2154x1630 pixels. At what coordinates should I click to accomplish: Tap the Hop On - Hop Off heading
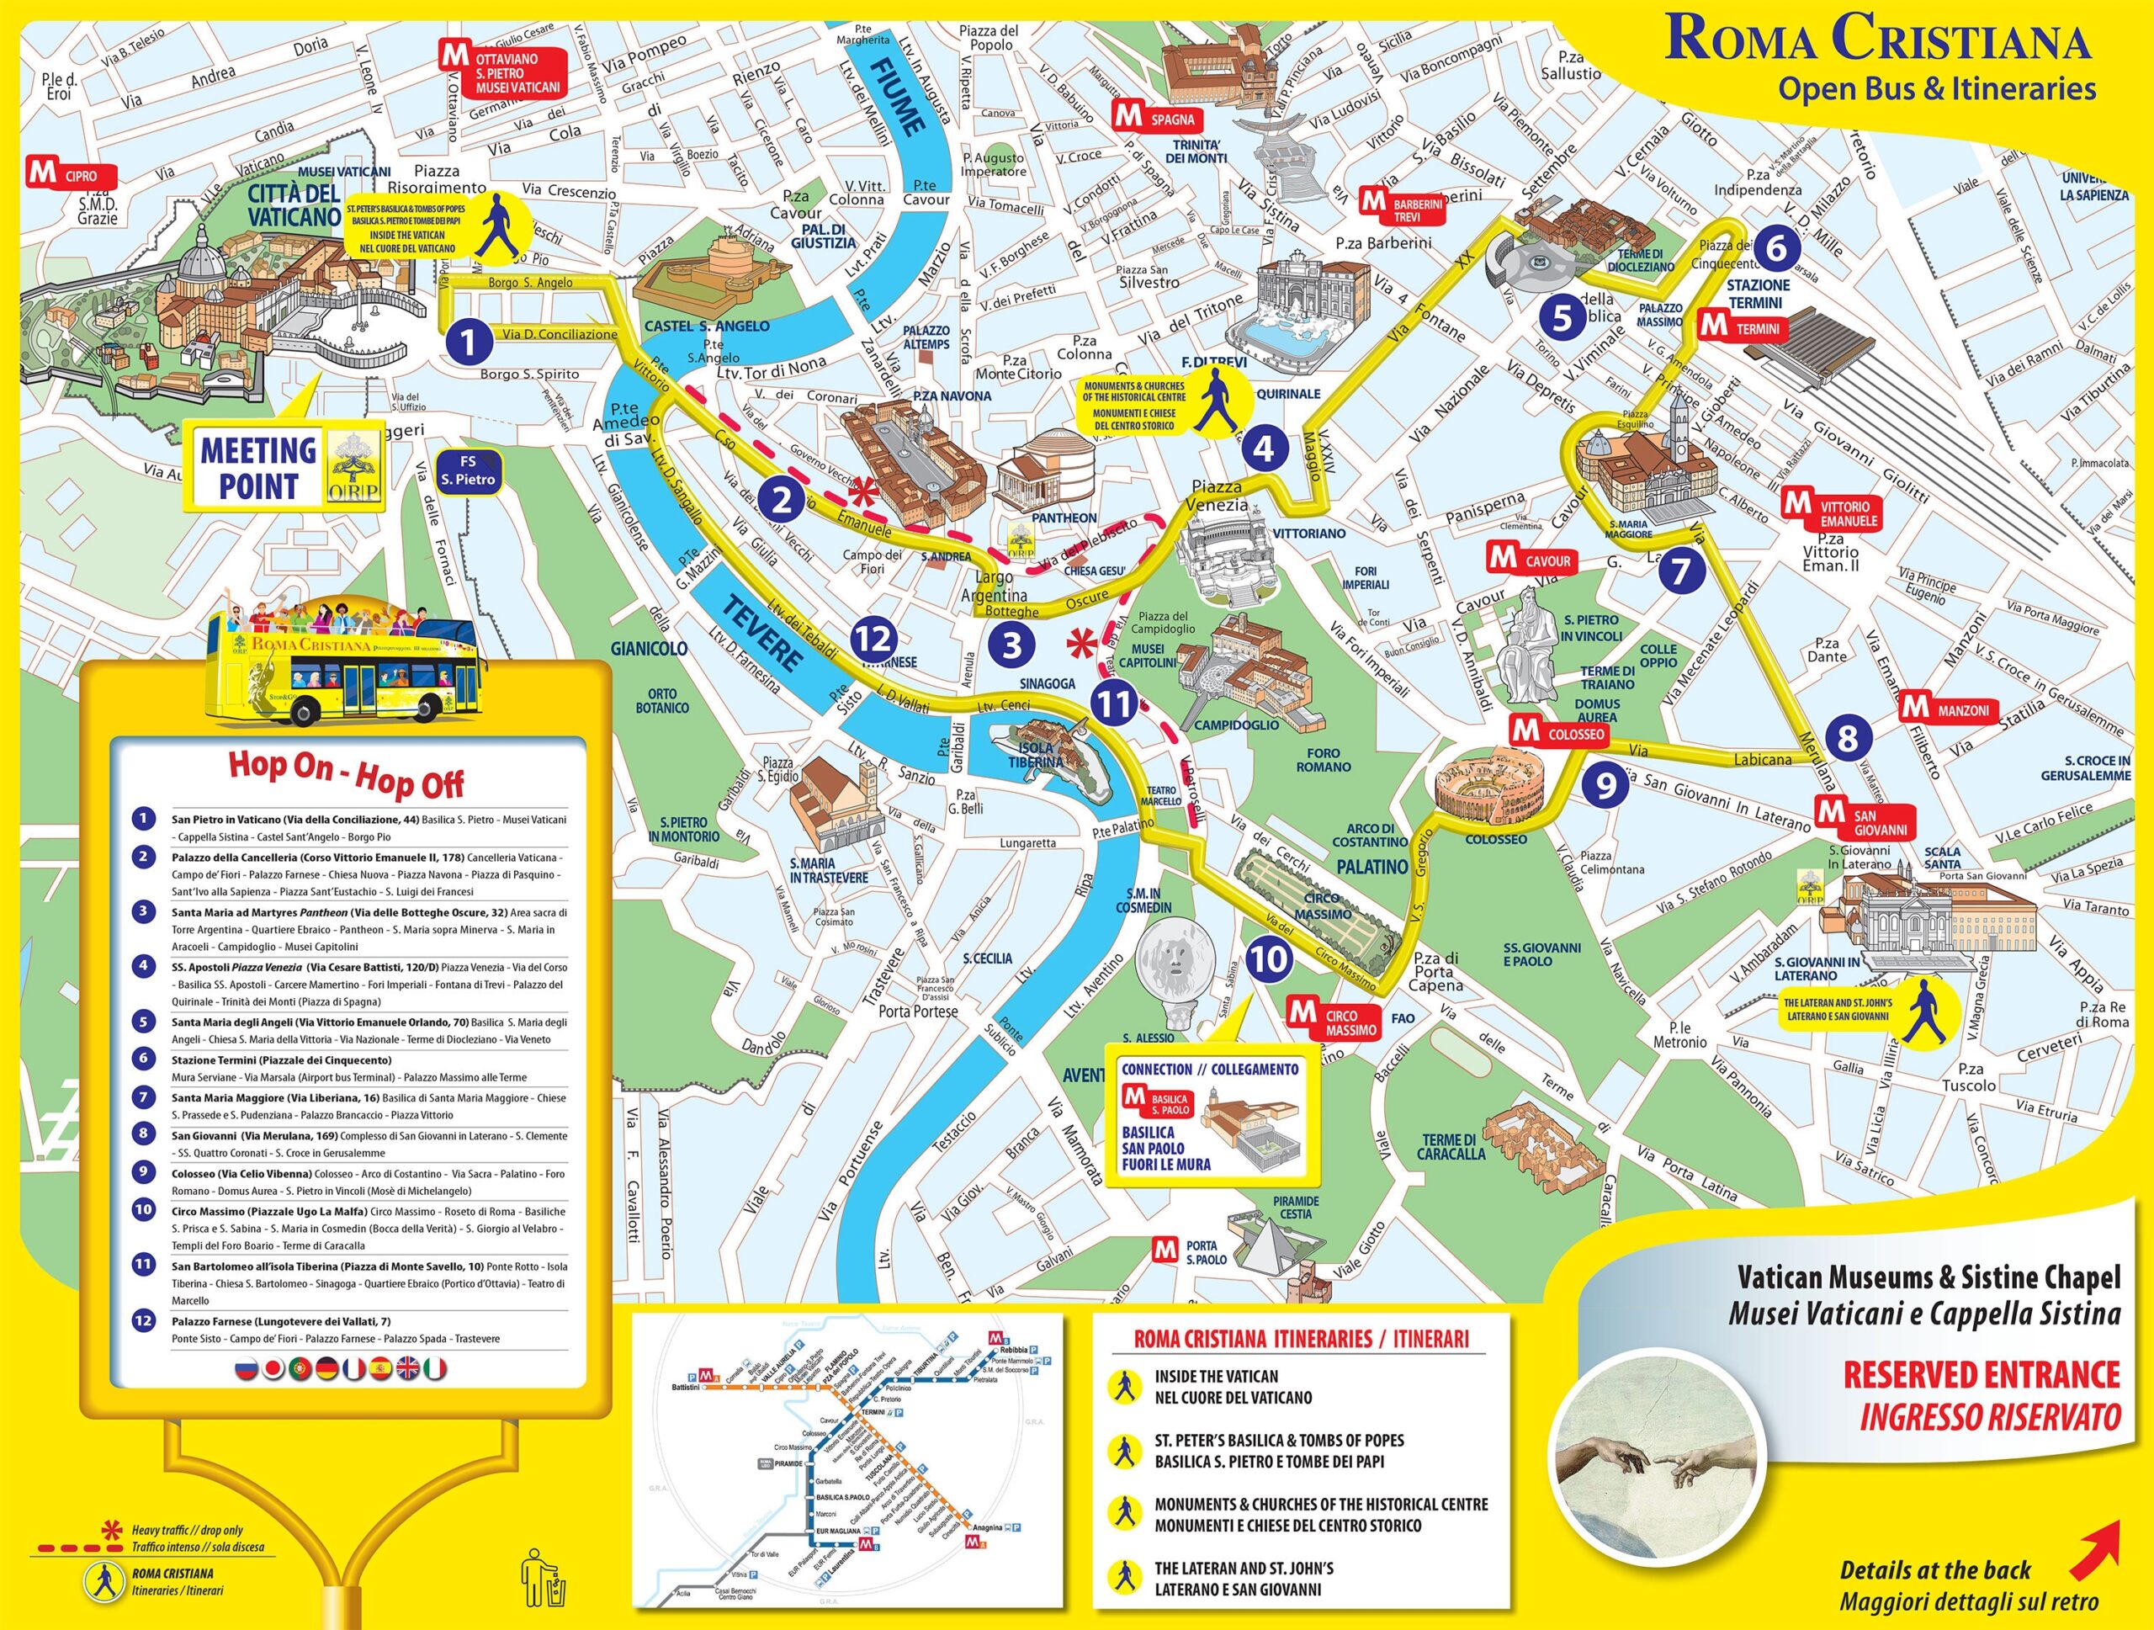[346, 774]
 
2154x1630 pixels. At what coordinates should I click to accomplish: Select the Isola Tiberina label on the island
[1035, 756]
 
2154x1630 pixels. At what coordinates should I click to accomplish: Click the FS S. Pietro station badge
[468, 470]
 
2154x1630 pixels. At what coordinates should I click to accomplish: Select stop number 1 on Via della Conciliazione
[469, 341]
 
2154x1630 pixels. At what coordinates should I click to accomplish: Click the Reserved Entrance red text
[1981, 1375]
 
